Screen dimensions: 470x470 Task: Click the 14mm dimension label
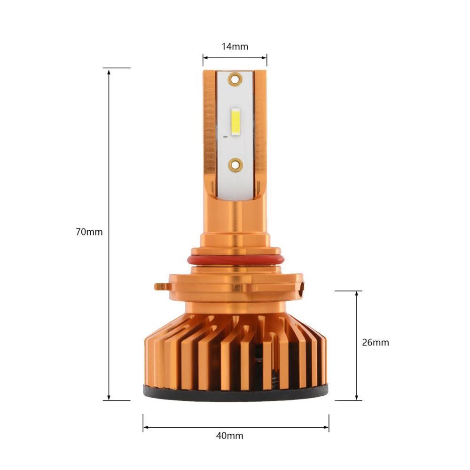(x=235, y=47)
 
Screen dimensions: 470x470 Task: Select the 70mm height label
(x=89, y=232)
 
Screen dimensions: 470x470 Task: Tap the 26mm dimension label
(x=375, y=342)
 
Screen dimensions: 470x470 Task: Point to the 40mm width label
(x=230, y=436)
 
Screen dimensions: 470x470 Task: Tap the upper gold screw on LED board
(x=235, y=79)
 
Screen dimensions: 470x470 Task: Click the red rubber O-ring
(x=235, y=260)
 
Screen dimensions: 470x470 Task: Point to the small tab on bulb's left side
(x=162, y=287)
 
